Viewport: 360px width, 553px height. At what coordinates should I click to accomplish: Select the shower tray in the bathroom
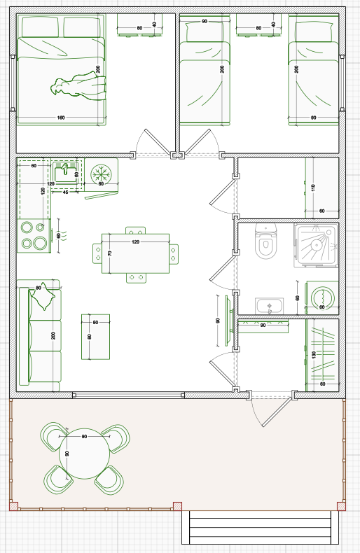(x=316, y=245)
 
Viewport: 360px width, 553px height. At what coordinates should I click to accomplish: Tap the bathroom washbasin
(x=269, y=305)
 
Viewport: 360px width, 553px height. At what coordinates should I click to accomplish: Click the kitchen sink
(x=65, y=174)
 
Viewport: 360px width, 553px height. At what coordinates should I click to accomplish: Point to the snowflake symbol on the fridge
(x=101, y=174)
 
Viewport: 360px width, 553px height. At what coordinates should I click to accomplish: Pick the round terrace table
(x=84, y=454)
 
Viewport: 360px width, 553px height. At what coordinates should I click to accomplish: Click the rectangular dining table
(x=135, y=253)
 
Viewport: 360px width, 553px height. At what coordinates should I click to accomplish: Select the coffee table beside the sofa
(x=95, y=337)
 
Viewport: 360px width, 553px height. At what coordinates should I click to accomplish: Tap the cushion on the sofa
(x=43, y=296)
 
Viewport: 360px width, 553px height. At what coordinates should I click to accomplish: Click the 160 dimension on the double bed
(x=61, y=118)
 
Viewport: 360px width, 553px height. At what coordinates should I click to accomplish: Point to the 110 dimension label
(x=313, y=188)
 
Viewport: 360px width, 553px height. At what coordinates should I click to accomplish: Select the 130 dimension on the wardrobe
(x=314, y=354)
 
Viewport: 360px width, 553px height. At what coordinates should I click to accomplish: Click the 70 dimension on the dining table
(x=110, y=253)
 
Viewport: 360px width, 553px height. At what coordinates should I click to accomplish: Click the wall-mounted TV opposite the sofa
(x=228, y=321)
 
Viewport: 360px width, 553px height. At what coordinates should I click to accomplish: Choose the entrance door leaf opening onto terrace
(x=277, y=412)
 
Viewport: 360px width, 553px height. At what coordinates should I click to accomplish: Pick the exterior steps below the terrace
(x=260, y=527)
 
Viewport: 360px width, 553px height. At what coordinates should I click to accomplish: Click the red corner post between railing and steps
(x=177, y=506)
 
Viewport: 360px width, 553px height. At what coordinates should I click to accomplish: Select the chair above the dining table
(x=136, y=231)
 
